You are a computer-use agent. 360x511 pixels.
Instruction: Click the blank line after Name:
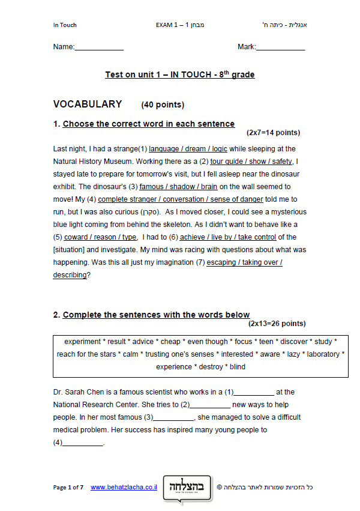pos(99,47)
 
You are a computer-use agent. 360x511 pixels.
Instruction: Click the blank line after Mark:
pos(280,47)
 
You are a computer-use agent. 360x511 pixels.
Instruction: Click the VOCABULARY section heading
pos(88,104)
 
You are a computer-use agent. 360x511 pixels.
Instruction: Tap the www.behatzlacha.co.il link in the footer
pos(124,488)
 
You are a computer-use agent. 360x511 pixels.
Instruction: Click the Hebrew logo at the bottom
pos(187,485)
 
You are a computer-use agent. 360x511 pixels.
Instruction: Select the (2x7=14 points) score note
pos(273,133)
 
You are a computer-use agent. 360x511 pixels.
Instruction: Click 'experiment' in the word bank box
pos(82,342)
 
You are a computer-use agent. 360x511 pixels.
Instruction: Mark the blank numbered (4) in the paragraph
pos(83,443)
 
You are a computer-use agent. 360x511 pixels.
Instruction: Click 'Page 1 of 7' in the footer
pos(68,488)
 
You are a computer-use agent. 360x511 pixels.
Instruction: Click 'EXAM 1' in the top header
pos(166,25)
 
